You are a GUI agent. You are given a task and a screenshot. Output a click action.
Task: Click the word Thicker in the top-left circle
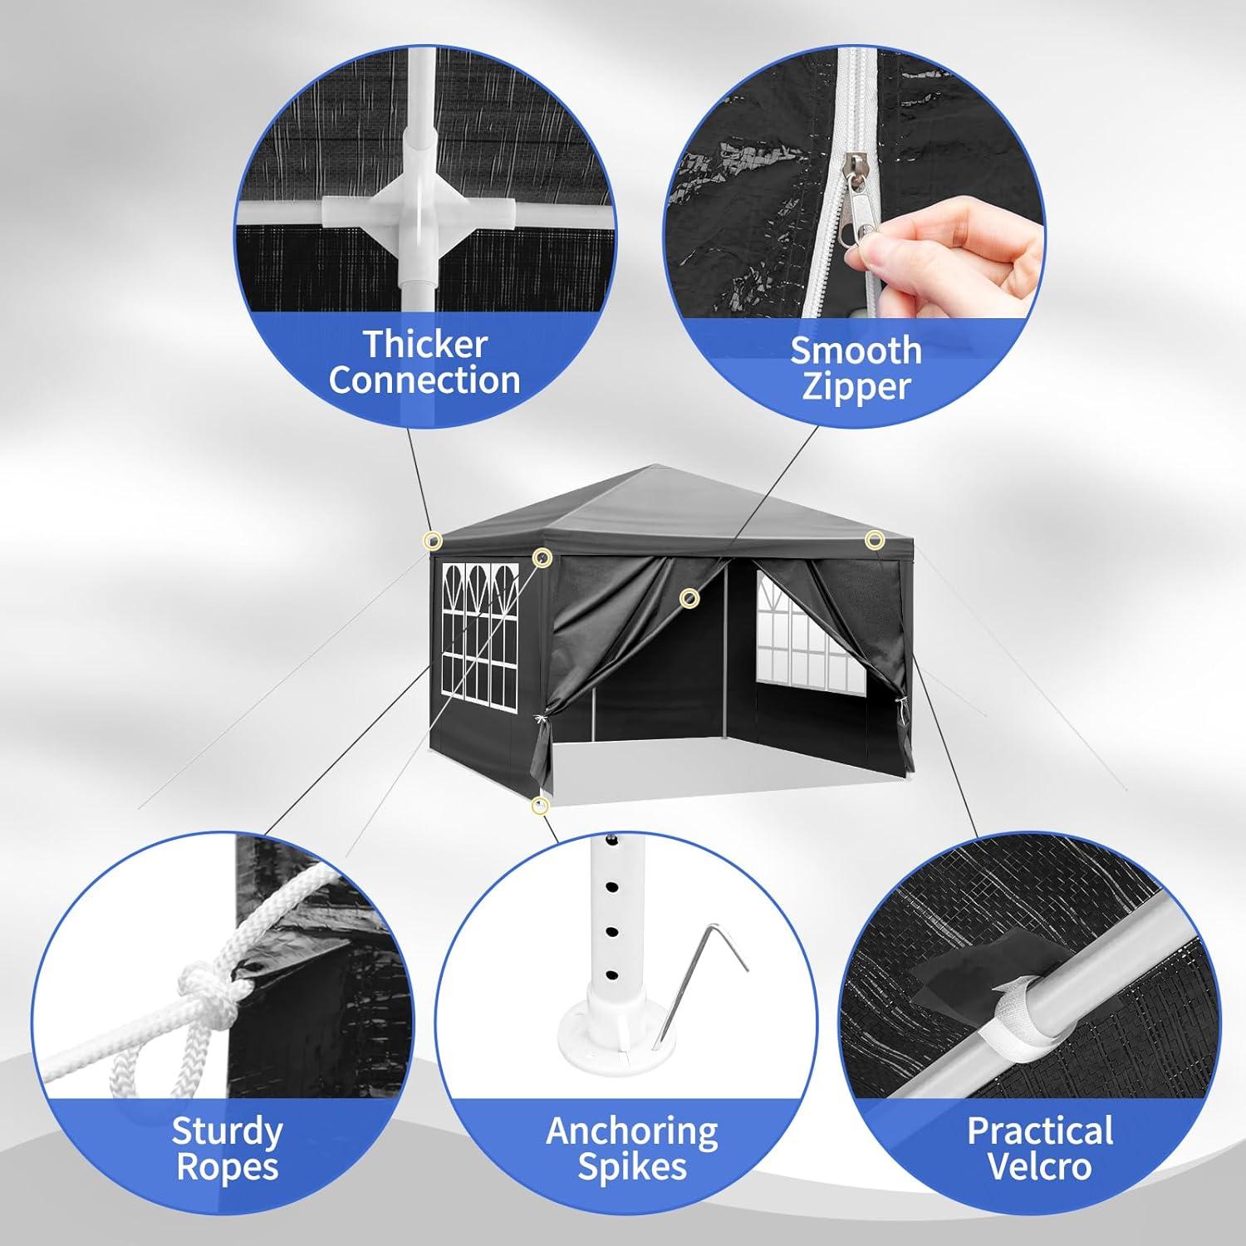[x=424, y=344]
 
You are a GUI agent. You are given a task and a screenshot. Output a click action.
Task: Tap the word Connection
[x=424, y=381]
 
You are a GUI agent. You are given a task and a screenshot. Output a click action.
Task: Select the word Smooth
[x=856, y=351]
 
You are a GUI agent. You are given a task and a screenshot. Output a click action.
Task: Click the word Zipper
[x=856, y=387]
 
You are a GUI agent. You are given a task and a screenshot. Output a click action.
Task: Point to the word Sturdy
[x=227, y=1131]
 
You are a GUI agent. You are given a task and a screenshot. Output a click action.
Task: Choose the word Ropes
[x=227, y=1167]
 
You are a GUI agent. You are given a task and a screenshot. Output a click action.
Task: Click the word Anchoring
[x=631, y=1131]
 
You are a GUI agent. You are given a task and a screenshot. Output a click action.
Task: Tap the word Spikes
[x=631, y=1167]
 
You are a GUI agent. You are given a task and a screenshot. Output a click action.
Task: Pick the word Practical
[x=1040, y=1131]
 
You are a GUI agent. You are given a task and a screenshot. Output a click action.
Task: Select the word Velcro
[x=1040, y=1167]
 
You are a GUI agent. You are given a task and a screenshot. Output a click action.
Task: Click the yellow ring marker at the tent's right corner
[x=874, y=541]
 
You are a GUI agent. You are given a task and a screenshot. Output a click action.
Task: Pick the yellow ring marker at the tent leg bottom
[x=541, y=805]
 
